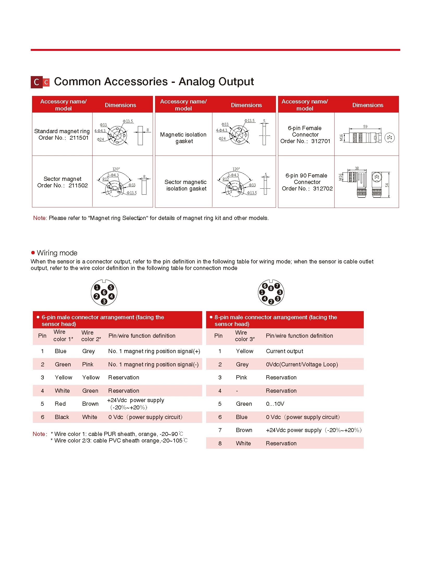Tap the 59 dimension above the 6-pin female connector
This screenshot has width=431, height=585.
point(365,127)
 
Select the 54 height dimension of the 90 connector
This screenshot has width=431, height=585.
point(387,185)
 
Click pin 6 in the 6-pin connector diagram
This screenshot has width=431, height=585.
point(104,292)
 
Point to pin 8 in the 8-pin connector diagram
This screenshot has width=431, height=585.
point(271,288)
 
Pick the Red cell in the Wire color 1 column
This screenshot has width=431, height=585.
point(60,404)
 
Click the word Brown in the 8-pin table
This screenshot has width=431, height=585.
point(244,430)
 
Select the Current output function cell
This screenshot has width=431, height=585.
point(284,351)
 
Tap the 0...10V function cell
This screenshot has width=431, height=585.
point(275,404)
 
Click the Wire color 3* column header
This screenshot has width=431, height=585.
point(244,336)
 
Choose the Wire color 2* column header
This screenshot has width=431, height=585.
point(91,336)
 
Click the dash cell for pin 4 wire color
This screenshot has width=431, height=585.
point(237,391)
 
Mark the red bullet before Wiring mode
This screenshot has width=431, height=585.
point(33,253)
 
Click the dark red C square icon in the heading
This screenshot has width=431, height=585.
point(36,82)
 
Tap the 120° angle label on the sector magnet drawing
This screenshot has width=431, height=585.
point(116,169)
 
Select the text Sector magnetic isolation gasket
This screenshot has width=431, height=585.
point(186,185)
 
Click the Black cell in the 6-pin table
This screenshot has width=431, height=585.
point(62,417)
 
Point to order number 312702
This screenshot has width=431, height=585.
point(322,188)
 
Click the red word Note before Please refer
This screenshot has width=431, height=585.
point(39,218)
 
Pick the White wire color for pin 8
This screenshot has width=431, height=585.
point(243,443)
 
